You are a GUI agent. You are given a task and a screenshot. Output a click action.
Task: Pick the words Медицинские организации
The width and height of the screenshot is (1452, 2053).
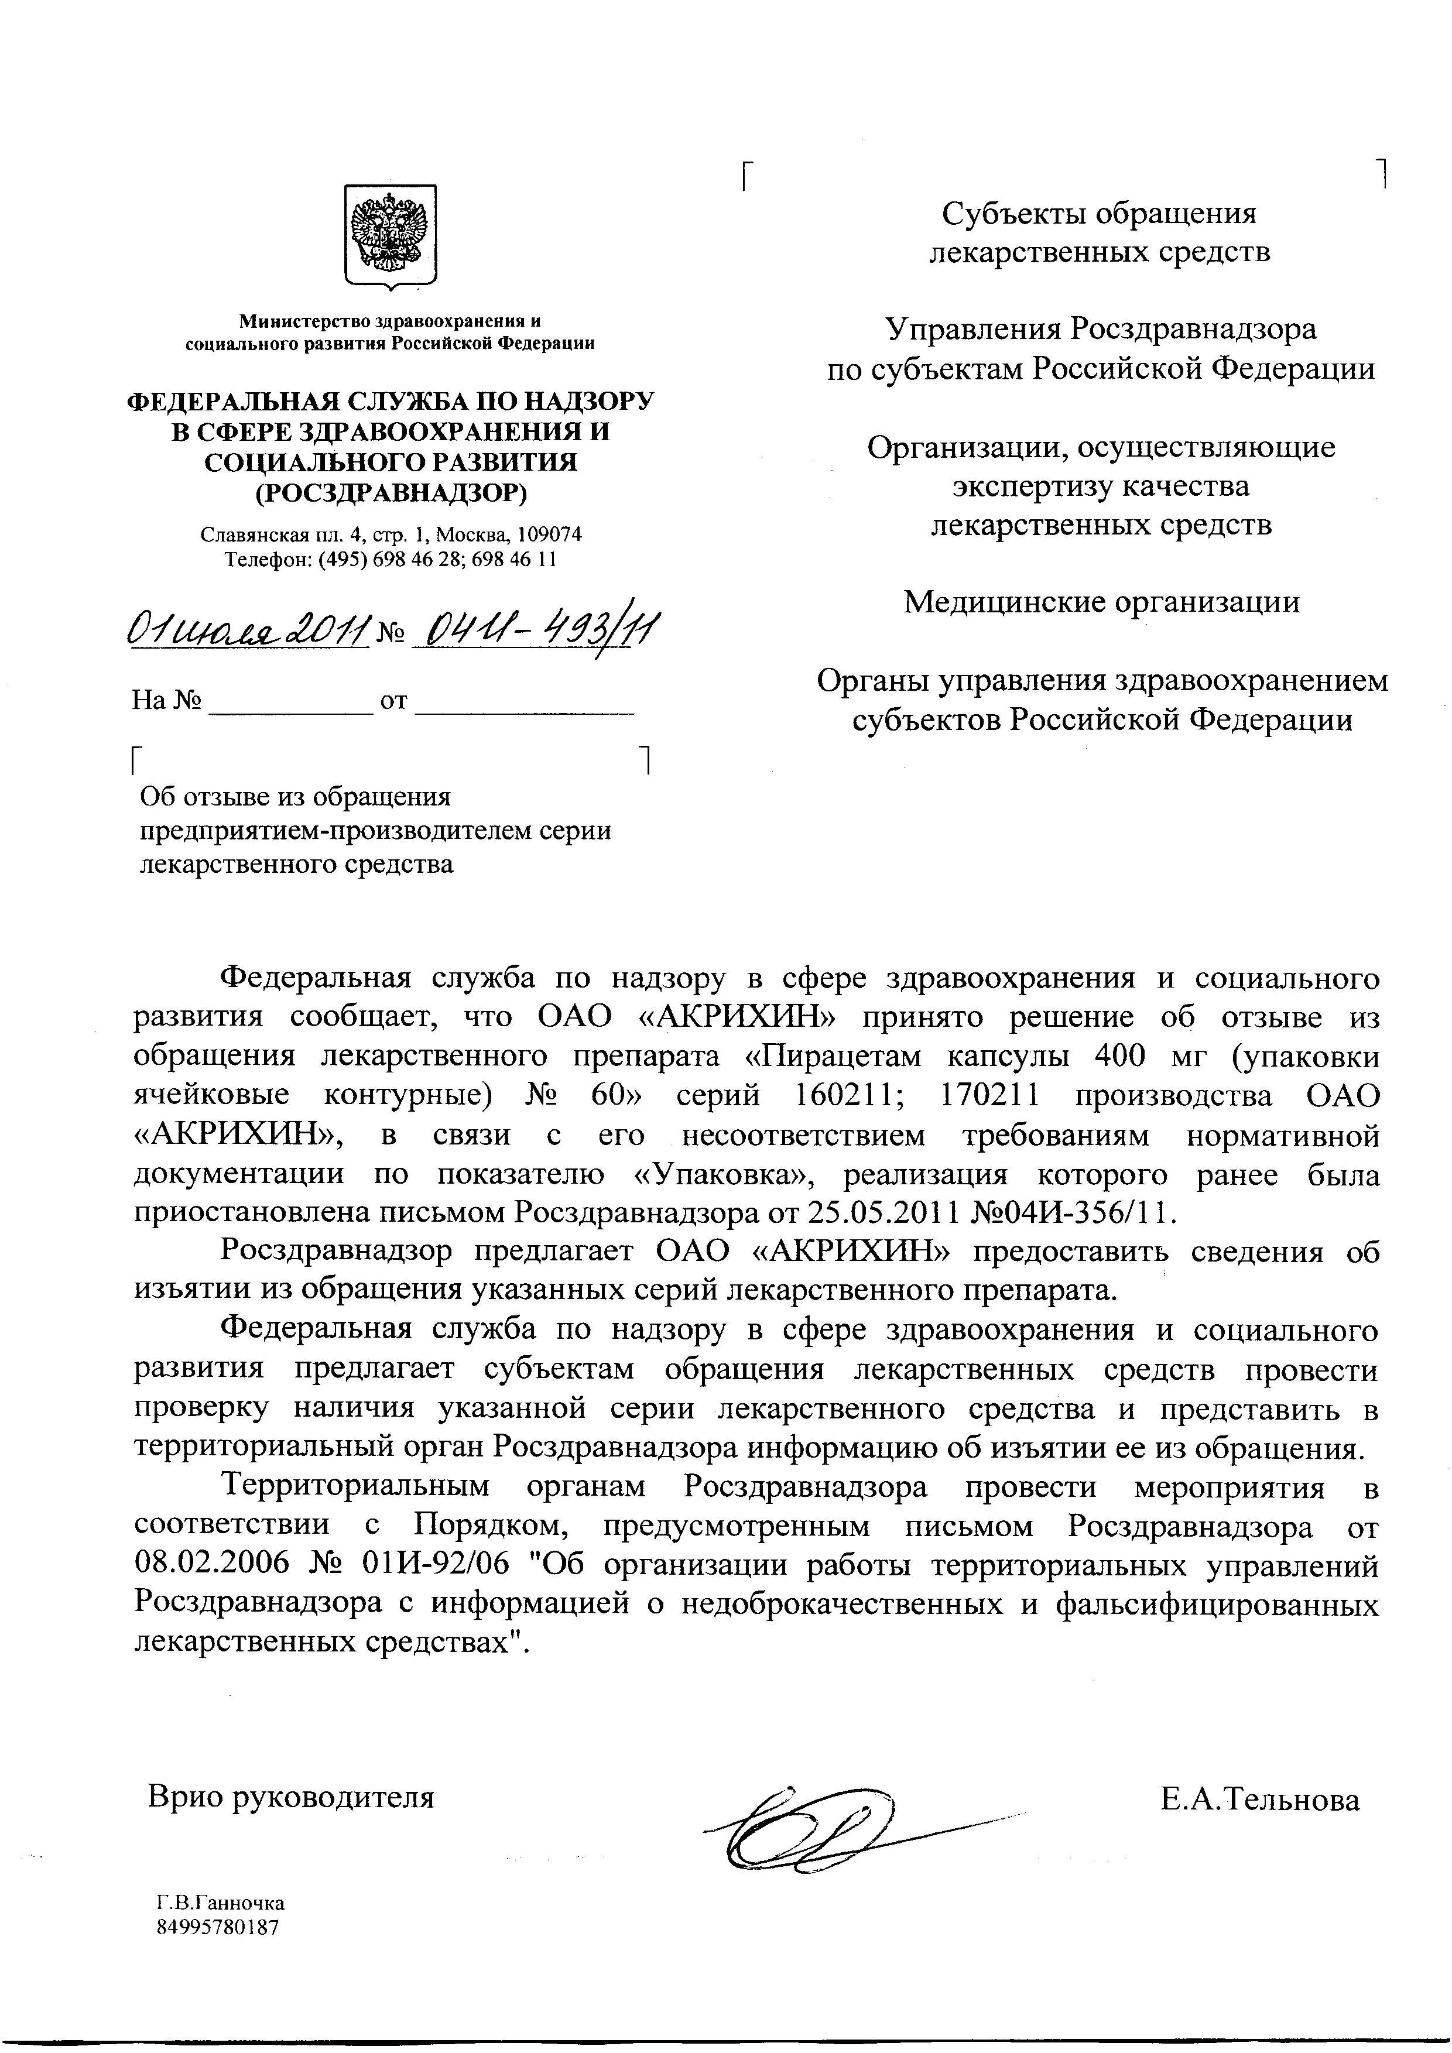coord(1101,602)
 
